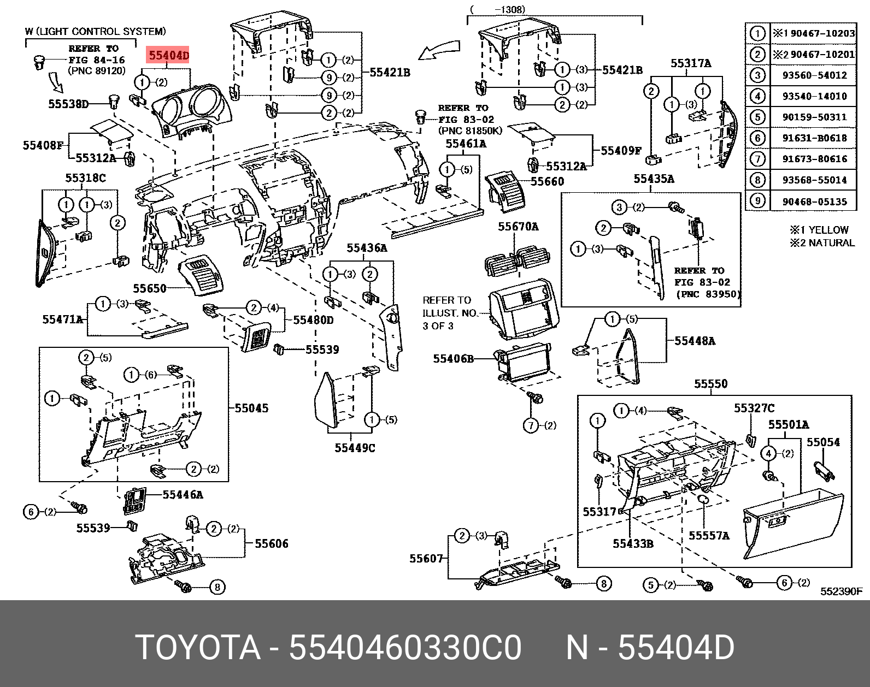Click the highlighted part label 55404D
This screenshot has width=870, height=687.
(169, 55)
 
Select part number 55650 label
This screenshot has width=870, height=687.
(150, 288)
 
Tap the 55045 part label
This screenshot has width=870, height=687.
(251, 408)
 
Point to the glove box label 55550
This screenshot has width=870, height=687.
(711, 384)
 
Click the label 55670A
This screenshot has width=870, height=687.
(518, 226)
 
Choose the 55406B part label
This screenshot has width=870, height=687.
(453, 359)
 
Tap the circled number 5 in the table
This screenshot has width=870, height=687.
(757, 117)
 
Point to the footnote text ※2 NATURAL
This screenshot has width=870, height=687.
(821, 242)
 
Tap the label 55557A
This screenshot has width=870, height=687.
(709, 536)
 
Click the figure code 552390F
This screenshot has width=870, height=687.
(841, 591)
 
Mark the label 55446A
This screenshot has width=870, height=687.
(183, 495)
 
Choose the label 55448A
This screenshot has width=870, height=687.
(695, 341)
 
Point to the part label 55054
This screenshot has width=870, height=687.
(824, 442)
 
